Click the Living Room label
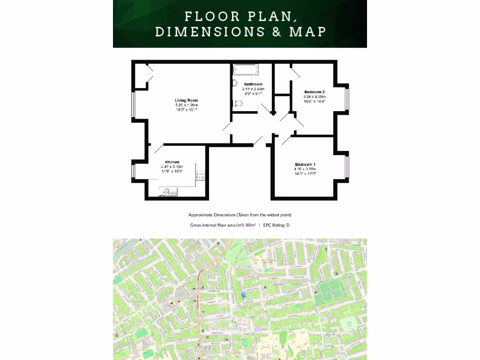(187, 100)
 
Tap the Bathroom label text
(253, 84)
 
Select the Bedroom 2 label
(315, 92)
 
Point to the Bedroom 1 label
(305, 165)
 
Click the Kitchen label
(172, 162)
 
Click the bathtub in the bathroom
(245, 70)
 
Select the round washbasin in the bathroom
(235, 83)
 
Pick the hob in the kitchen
(200, 175)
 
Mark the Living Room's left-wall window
(134, 104)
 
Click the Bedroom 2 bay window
(347, 98)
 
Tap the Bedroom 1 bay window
(347, 168)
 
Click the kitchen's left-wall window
(134, 171)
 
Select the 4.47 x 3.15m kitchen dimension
(172, 167)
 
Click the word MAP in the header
(308, 32)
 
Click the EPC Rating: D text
(276, 225)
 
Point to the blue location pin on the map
(243, 295)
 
